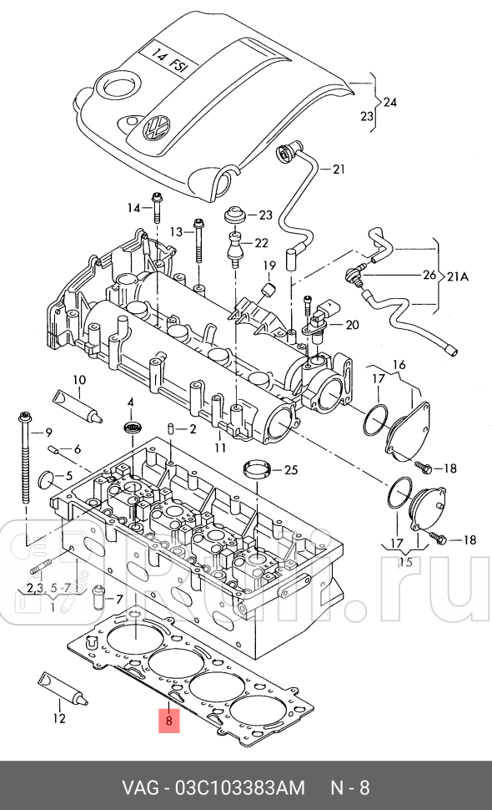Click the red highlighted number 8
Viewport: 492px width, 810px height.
pyautogui.click(x=168, y=719)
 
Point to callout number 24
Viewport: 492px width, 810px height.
pyautogui.click(x=389, y=102)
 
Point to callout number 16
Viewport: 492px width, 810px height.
pyautogui.click(x=399, y=365)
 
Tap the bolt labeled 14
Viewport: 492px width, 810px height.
pyautogui.click(x=157, y=208)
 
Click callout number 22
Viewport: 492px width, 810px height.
pyautogui.click(x=261, y=243)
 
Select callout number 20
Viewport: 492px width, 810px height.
pyautogui.click(x=351, y=325)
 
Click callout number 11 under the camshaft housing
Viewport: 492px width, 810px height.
pyautogui.click(x=220, y=448)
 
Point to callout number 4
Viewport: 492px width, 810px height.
pyautogui.click(x=130, y=403)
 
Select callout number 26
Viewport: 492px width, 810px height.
pyautogui.click(x=428, y=274)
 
